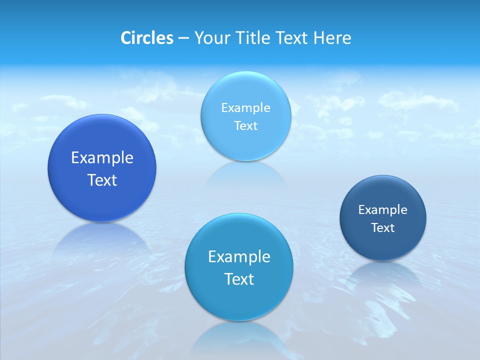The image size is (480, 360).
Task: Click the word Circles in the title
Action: click(x=147, y=38)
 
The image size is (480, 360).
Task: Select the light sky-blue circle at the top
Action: click(x=246, y=90)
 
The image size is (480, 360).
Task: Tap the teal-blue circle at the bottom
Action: click(x=239, y=300)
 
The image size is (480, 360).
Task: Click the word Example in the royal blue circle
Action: click(x=102, y=158)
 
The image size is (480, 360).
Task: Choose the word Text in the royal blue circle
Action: click(x=102, y=180)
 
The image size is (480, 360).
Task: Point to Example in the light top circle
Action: click(x=246, y=107)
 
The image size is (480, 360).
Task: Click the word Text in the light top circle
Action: click(x=246, y=125)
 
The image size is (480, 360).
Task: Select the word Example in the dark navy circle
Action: click(x=383, y=210)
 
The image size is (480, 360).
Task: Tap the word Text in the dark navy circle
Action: click(x=383, y=228)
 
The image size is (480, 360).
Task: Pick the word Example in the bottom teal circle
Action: click(x=239, y=257)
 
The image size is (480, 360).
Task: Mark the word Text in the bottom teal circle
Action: click(x=239, y=279)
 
